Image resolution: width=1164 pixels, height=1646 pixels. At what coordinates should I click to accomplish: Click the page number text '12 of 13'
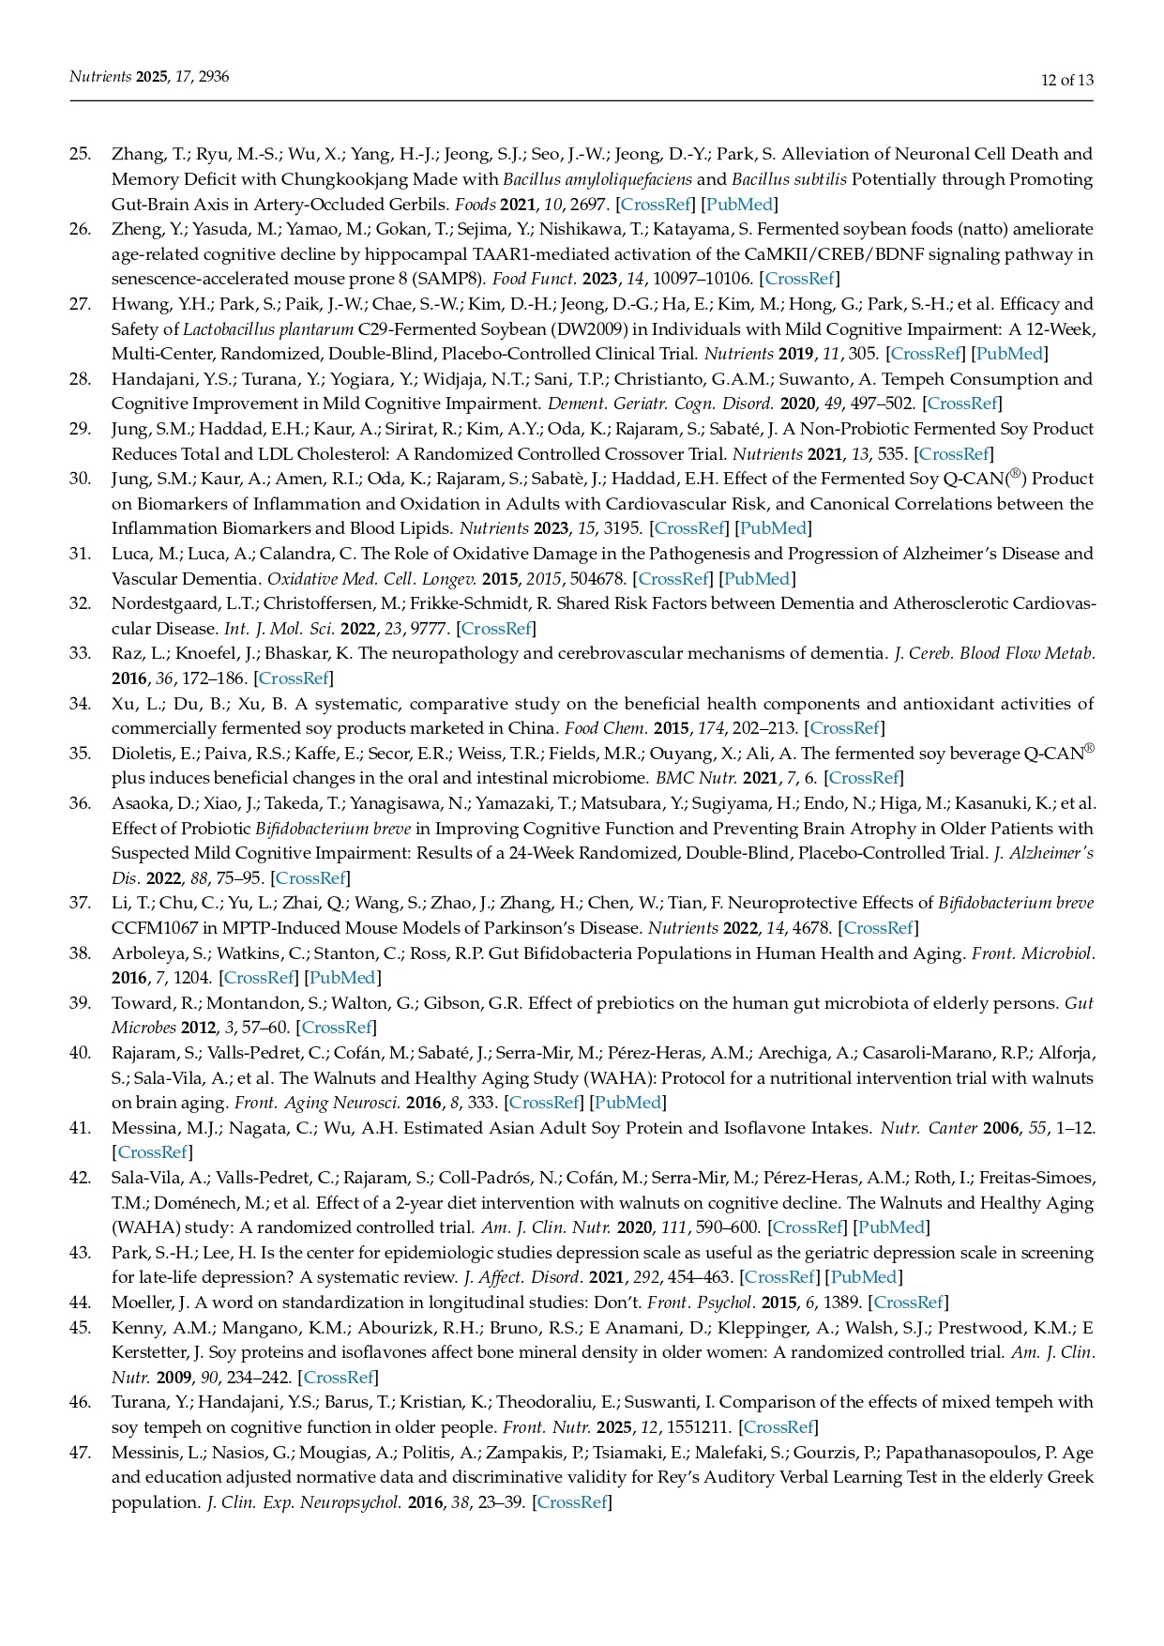1067,80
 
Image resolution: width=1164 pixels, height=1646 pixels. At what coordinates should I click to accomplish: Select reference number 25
80,154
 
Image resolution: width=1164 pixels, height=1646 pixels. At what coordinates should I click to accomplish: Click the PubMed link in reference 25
739,204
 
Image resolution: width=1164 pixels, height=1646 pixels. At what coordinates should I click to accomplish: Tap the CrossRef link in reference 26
799,279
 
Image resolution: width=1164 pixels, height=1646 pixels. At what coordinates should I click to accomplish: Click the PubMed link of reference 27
1009,354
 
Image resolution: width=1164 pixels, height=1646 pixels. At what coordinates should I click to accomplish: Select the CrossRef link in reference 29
954,454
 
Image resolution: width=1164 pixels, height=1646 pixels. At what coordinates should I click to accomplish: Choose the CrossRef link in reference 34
844,728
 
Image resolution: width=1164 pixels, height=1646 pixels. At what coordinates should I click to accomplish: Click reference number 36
80,803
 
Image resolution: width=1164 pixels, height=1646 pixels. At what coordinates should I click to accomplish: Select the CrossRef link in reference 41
150,1152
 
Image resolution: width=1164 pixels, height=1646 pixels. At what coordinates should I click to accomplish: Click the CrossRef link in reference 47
571,1502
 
